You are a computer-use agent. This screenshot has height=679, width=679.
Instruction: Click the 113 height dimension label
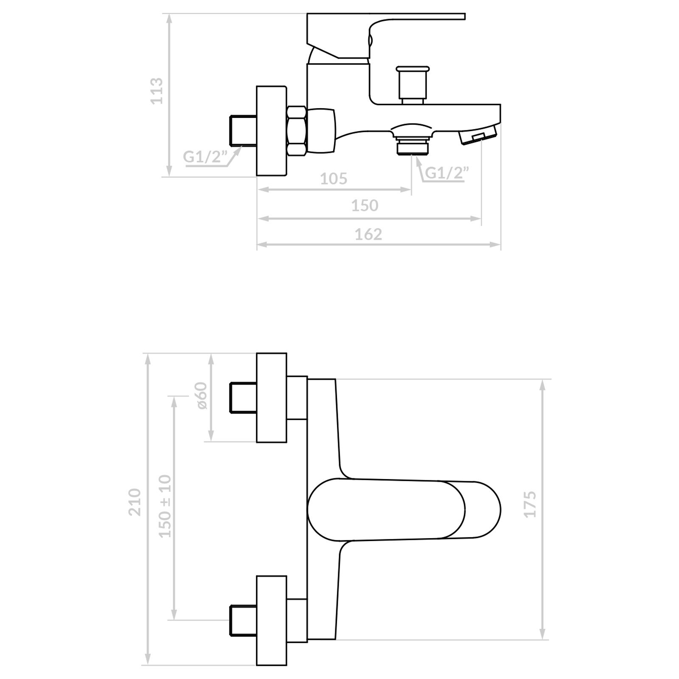pyautogui.click(x=157, y=90)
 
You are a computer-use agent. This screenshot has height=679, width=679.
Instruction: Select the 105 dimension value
pyautogui.click(x=334, y=179)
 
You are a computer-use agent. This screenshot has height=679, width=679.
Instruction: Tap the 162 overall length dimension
pyautogui.click(x=368, y=234)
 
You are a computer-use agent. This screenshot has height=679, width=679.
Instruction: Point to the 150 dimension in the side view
pyautogui.click(x=365, y=205)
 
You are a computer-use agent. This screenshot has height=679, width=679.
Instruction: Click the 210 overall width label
pyautogui.click(x=135, y=502)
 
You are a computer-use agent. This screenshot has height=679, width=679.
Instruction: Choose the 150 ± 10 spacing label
pyautogui.click(x=166, y=506)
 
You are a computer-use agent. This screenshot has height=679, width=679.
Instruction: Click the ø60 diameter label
pyautogui.click(x=201, y=396)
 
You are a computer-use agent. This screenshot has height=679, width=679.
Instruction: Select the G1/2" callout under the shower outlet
pyautogui.click(x=447, y=173)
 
